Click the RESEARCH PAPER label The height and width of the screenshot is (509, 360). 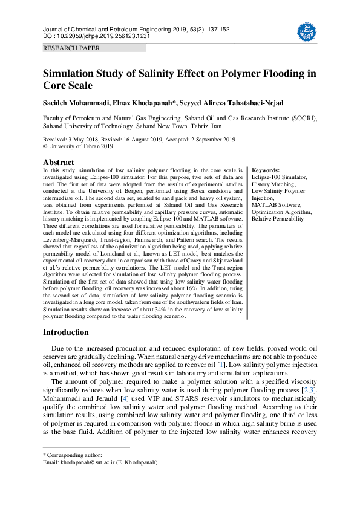pos(71,48)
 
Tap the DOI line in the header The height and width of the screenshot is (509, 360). pos(96,36)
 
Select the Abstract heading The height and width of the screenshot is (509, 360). pos(58,163)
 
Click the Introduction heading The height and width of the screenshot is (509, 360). pos(65,332)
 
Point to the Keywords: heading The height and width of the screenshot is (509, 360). pos(266,171)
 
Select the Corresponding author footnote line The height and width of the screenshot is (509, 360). pos(72,455)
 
